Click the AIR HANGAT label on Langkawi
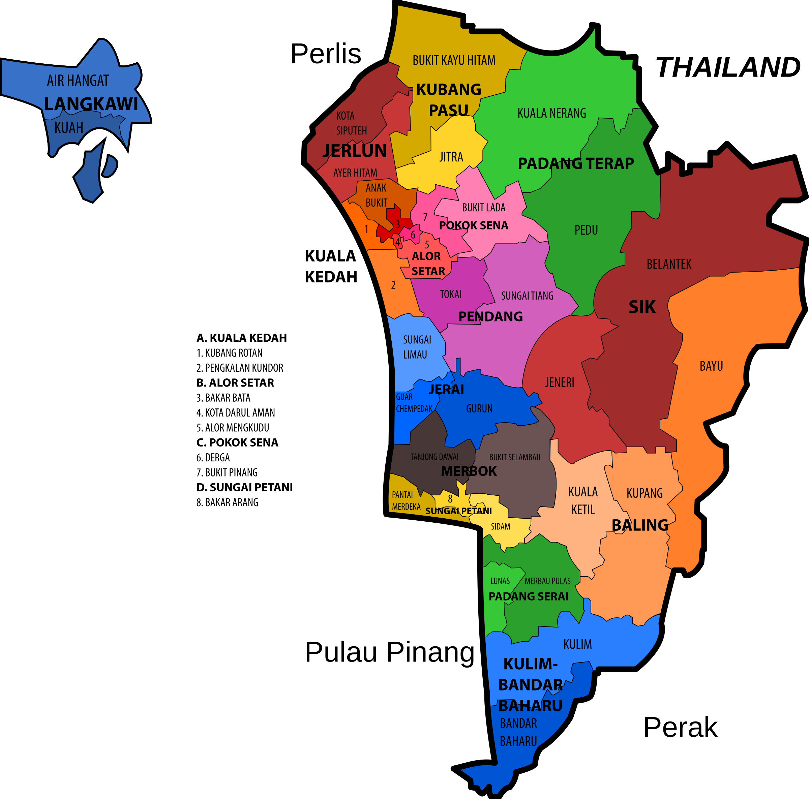pyautogui.click(x=78, y=80)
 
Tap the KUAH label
pyautogui.click(x=69, y=128)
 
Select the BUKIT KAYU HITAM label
pyautogui.click(x=454, y=61)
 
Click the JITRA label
pyautogui.click(x=451, y=157)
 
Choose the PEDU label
pyautogui.click(x=586, y=230)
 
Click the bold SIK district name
pyautogui.click(x=642, y=308)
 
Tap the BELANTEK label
pyautogui.click(x=669, y=265)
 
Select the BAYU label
pyautogui.click(x=711, y=366)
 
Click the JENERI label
pyautogui.click(x=560, y=382)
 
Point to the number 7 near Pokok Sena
pyautogui.click(x=425, y=217)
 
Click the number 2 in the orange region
pyautogui.click(x=393, y=285)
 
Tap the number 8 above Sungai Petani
pyautogui.click(x=450, y=499)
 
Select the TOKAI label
pyautogui.click(x=451, y=295)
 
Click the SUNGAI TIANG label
pyautogui.click(x=527, y=296)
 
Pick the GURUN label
pyautogui.click(x=479, y=409)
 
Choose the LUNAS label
pyautogui.click(x=500, y=581)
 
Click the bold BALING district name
pyautogui.click(x=640, y=525)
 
